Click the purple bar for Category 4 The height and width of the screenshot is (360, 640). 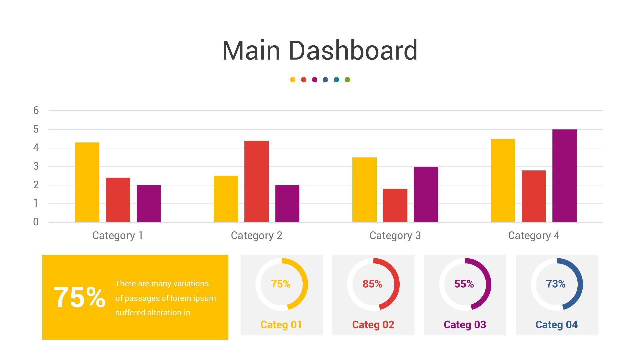(564, 176)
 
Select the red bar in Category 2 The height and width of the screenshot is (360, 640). (256, 181)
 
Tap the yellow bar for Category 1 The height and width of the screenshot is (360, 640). (87, 182)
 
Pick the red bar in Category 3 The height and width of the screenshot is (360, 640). (395, 205)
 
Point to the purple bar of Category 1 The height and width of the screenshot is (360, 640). (149, 203)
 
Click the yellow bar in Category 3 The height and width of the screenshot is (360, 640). (364, 190)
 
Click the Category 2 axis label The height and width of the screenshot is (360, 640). (256, 236)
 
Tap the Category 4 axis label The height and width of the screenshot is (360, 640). (533, 236)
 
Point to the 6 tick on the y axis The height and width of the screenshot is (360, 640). (36, 110)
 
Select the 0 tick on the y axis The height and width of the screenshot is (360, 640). (36, 222)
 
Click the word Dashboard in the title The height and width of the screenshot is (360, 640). (353, 50)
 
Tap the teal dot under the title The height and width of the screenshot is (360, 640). (336, 80)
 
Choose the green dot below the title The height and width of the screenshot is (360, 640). (347, 80)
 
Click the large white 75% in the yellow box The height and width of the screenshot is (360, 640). (79, 297)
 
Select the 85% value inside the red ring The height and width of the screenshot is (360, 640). (372, 284)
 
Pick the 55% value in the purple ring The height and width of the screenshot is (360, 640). (464, 284)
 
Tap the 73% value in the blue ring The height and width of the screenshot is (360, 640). (556, 284)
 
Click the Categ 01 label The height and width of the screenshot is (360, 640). (281, 325)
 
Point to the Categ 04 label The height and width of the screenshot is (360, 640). (556, 325)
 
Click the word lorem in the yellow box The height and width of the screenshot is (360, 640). (180, 298)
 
